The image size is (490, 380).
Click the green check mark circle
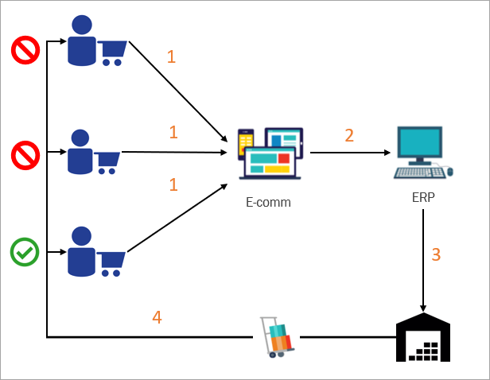click(x=24, y=253)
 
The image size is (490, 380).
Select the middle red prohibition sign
click(x=24, y=153)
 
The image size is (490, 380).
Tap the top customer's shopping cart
click(x=112, y=52)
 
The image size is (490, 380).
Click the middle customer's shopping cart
click(x=107, y=161)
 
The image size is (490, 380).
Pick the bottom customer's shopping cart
click(x=112, y=262)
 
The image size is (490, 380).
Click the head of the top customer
click(x=82, y=25)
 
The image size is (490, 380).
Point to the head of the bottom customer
click(x=81, y=236)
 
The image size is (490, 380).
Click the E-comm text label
click(x=268, y=202)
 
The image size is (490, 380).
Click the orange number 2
click(x=349, y=135)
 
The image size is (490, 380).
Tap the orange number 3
click(x=436, y=255)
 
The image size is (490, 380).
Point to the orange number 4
click(x=157, y=317)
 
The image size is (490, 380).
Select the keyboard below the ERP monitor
click(x=419, y=172)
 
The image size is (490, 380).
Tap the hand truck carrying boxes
click(x=277, y=338)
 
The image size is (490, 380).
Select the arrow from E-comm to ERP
click(x=349, y=152)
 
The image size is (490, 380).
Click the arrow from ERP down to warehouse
click(x=423, y=262)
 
